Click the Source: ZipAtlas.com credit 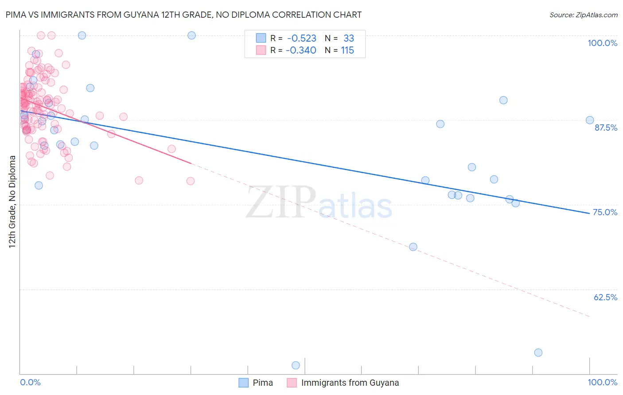pyautogui.click(x=583, y=15)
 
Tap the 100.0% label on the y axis pyautogui.click(x=602, y=43)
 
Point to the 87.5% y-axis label pyautogui.click(x=606, y=128)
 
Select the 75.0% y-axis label pyautogui.click(x=605, y=212)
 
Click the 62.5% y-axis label pyautogui.click(x=605, y=297)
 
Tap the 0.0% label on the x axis pyautogui.click(x=31, y=382)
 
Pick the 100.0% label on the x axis pyautogui.click(x=602, y=382)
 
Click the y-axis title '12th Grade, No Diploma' pyautogui.click(x=12, y=201)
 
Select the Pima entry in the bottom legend pyautogui.click(x=262, y=383)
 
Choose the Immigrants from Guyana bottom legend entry pyautogui.click(x=350, y=383)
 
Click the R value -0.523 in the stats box pyautogui.click(x=301, y=39)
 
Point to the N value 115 pyautogui.click(x=347, y=50)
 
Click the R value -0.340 pyautogui.click(x=301, y=50)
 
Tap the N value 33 pyautogui.click(x=349, y=39)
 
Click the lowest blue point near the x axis pyautogui.click(x=296, y=365)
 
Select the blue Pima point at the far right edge pyautogui.click(x=590, y=120)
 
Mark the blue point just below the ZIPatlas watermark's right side pyautogui.click(x=413, y=247)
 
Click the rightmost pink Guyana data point pyautogui.click(x=191, y=181)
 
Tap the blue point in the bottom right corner pyautogui.click(x=538, y=352)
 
